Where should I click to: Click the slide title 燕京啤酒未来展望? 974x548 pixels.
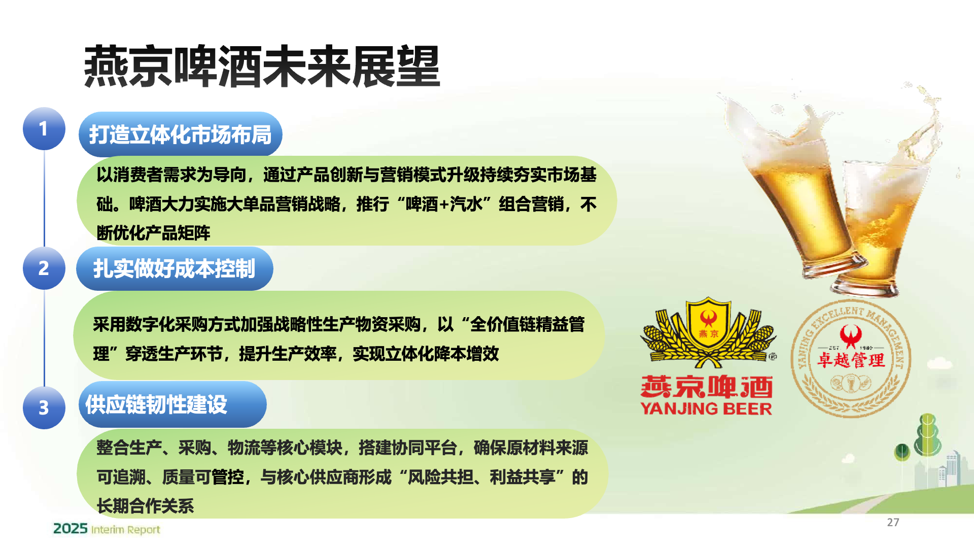pos(262,66)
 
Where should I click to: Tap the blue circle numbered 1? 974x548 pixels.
pos(44,128)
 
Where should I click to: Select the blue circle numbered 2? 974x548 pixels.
pos(44,268)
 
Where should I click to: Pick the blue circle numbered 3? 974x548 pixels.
pos(44,407)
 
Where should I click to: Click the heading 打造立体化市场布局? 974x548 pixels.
pos(180,134)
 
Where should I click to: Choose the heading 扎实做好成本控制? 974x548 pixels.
pos(174,268)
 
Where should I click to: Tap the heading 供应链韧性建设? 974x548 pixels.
pos(156,404)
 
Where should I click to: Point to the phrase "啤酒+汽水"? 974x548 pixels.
pos(444,204)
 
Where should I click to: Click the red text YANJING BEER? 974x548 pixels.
pos(706,408)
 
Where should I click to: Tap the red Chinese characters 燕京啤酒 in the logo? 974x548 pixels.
pos(707,387)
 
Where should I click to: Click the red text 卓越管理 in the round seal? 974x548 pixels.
pos(851,360)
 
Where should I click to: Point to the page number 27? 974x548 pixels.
pos(893,522)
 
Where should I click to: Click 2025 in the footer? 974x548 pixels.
pos(71,529)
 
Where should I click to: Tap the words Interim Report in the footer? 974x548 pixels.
pos(125,530)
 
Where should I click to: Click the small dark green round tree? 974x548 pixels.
pos(902,451)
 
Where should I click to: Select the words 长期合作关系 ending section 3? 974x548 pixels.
pos(146,506)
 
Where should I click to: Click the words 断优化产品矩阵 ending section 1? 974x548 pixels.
pos(154,233)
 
